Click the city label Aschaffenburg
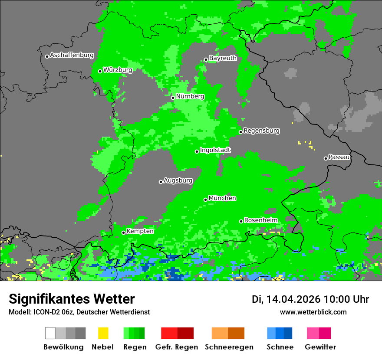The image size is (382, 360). [72, 55]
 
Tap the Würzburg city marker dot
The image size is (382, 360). [100, 71]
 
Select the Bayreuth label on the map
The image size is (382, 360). [223, 58]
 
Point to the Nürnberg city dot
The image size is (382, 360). [173, 98]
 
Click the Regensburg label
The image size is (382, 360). [261, 131]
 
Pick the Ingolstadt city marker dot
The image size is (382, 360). [197, 151]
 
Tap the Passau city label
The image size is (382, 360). [339, 157]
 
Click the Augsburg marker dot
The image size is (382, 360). [161, 182]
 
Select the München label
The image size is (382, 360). [222, 198]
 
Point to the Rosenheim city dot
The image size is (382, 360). [241, 221]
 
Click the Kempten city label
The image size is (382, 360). [140, 231]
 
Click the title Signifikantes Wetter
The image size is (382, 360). [72, 299]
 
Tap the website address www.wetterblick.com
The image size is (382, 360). [313, 312]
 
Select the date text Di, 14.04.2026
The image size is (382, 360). [286, 299]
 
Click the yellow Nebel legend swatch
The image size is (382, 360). [103, 333]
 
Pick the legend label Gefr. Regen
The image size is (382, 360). [177, 347]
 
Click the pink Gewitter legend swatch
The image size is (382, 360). [313, 333]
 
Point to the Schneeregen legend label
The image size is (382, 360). [229, 347]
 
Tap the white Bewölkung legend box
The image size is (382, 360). [50, 333]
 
